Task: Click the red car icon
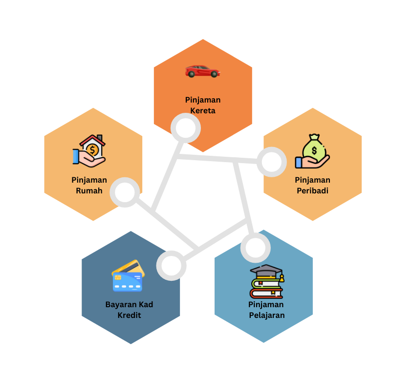[202, 71]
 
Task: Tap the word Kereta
[202, 110]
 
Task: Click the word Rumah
[89, 190]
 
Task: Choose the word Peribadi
[312, 190]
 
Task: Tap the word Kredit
[129, 315]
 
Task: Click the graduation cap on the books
[267, 272]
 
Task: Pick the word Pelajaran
[266, 315]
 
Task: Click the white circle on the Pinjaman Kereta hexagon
[186, 128]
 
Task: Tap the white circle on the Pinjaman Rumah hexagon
[125, 192]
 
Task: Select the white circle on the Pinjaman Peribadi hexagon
[271, 162]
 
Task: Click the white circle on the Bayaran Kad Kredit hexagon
[171, 266]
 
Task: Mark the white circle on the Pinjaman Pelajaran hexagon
[255, 247]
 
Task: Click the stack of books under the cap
[266, 288]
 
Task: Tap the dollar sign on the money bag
[314, 150]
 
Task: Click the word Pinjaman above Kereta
[202, 100]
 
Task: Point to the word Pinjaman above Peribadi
[312, 180]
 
